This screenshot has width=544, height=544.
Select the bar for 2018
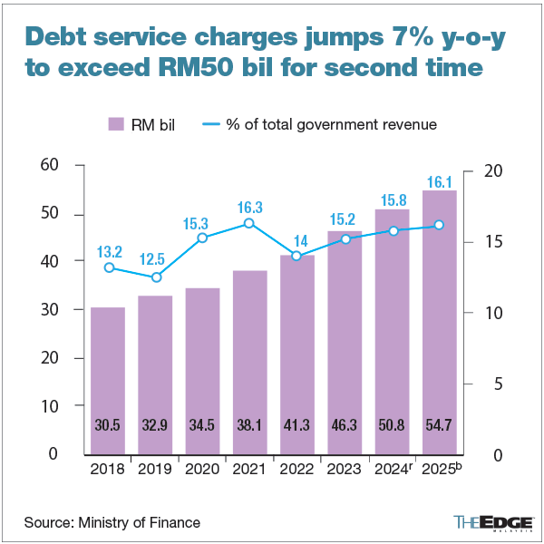pos(108,381)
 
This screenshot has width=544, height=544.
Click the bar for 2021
pos(249,363)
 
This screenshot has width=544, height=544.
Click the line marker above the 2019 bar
pos(156,277)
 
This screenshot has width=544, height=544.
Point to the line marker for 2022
pos(296,257)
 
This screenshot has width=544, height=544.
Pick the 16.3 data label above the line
pos(248,207)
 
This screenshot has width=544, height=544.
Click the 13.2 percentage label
pos(109,251)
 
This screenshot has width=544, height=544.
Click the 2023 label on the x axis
pos(345,470)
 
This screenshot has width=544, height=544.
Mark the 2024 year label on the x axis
pos(391,470)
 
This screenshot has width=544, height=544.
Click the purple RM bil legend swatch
pos(115,124)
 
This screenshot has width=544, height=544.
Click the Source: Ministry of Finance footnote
pos(112,522)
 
